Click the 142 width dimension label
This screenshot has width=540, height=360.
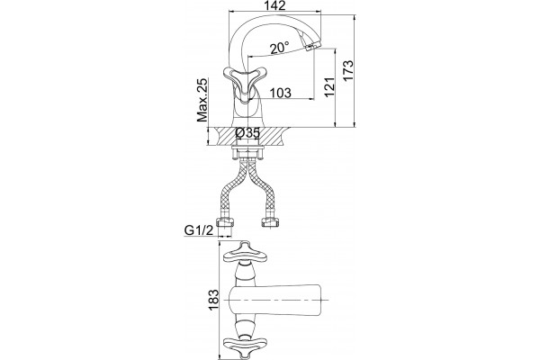[274, 6]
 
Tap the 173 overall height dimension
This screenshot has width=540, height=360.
[348, 70]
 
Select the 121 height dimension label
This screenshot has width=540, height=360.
[329, 87]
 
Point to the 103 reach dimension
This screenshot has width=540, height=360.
[280, 93]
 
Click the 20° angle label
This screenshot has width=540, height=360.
[279, 48]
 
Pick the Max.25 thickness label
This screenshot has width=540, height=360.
[202, 100]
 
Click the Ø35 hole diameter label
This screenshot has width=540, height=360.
[247, 133]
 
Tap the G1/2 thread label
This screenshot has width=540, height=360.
[199, 230]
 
